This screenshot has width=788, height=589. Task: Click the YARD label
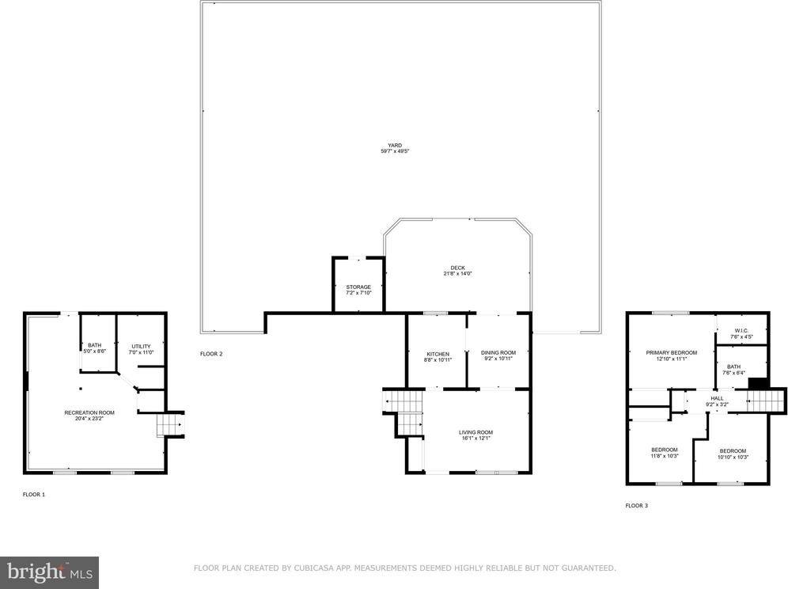[x=394, y=146]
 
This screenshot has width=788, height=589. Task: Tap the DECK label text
[x=457, y=268]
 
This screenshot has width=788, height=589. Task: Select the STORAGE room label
[x=358, y=287]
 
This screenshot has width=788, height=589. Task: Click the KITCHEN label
[x=438, y=354]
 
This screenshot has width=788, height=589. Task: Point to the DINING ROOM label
[x=498, y=352]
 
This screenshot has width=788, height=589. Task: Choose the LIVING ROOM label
[x=475, y=432]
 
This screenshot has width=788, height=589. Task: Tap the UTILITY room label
[x=141, y=346]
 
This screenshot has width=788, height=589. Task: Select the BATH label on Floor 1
[x=94, y=344]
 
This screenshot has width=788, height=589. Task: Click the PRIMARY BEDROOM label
[x=671, y=352]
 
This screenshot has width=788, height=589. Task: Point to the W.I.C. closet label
[x=741, y=332]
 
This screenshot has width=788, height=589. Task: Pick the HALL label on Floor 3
[x=717, y=398]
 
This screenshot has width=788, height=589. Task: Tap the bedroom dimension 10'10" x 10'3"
[x=732, y=458]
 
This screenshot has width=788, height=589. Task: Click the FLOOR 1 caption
[x=33, y=494]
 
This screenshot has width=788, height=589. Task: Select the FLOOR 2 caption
[x=211, y=353]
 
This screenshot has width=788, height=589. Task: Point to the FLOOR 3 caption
[x=636, y=505]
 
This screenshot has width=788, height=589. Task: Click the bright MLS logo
[x=49, y=571]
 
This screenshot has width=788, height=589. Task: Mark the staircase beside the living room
[x=405, y=411]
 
